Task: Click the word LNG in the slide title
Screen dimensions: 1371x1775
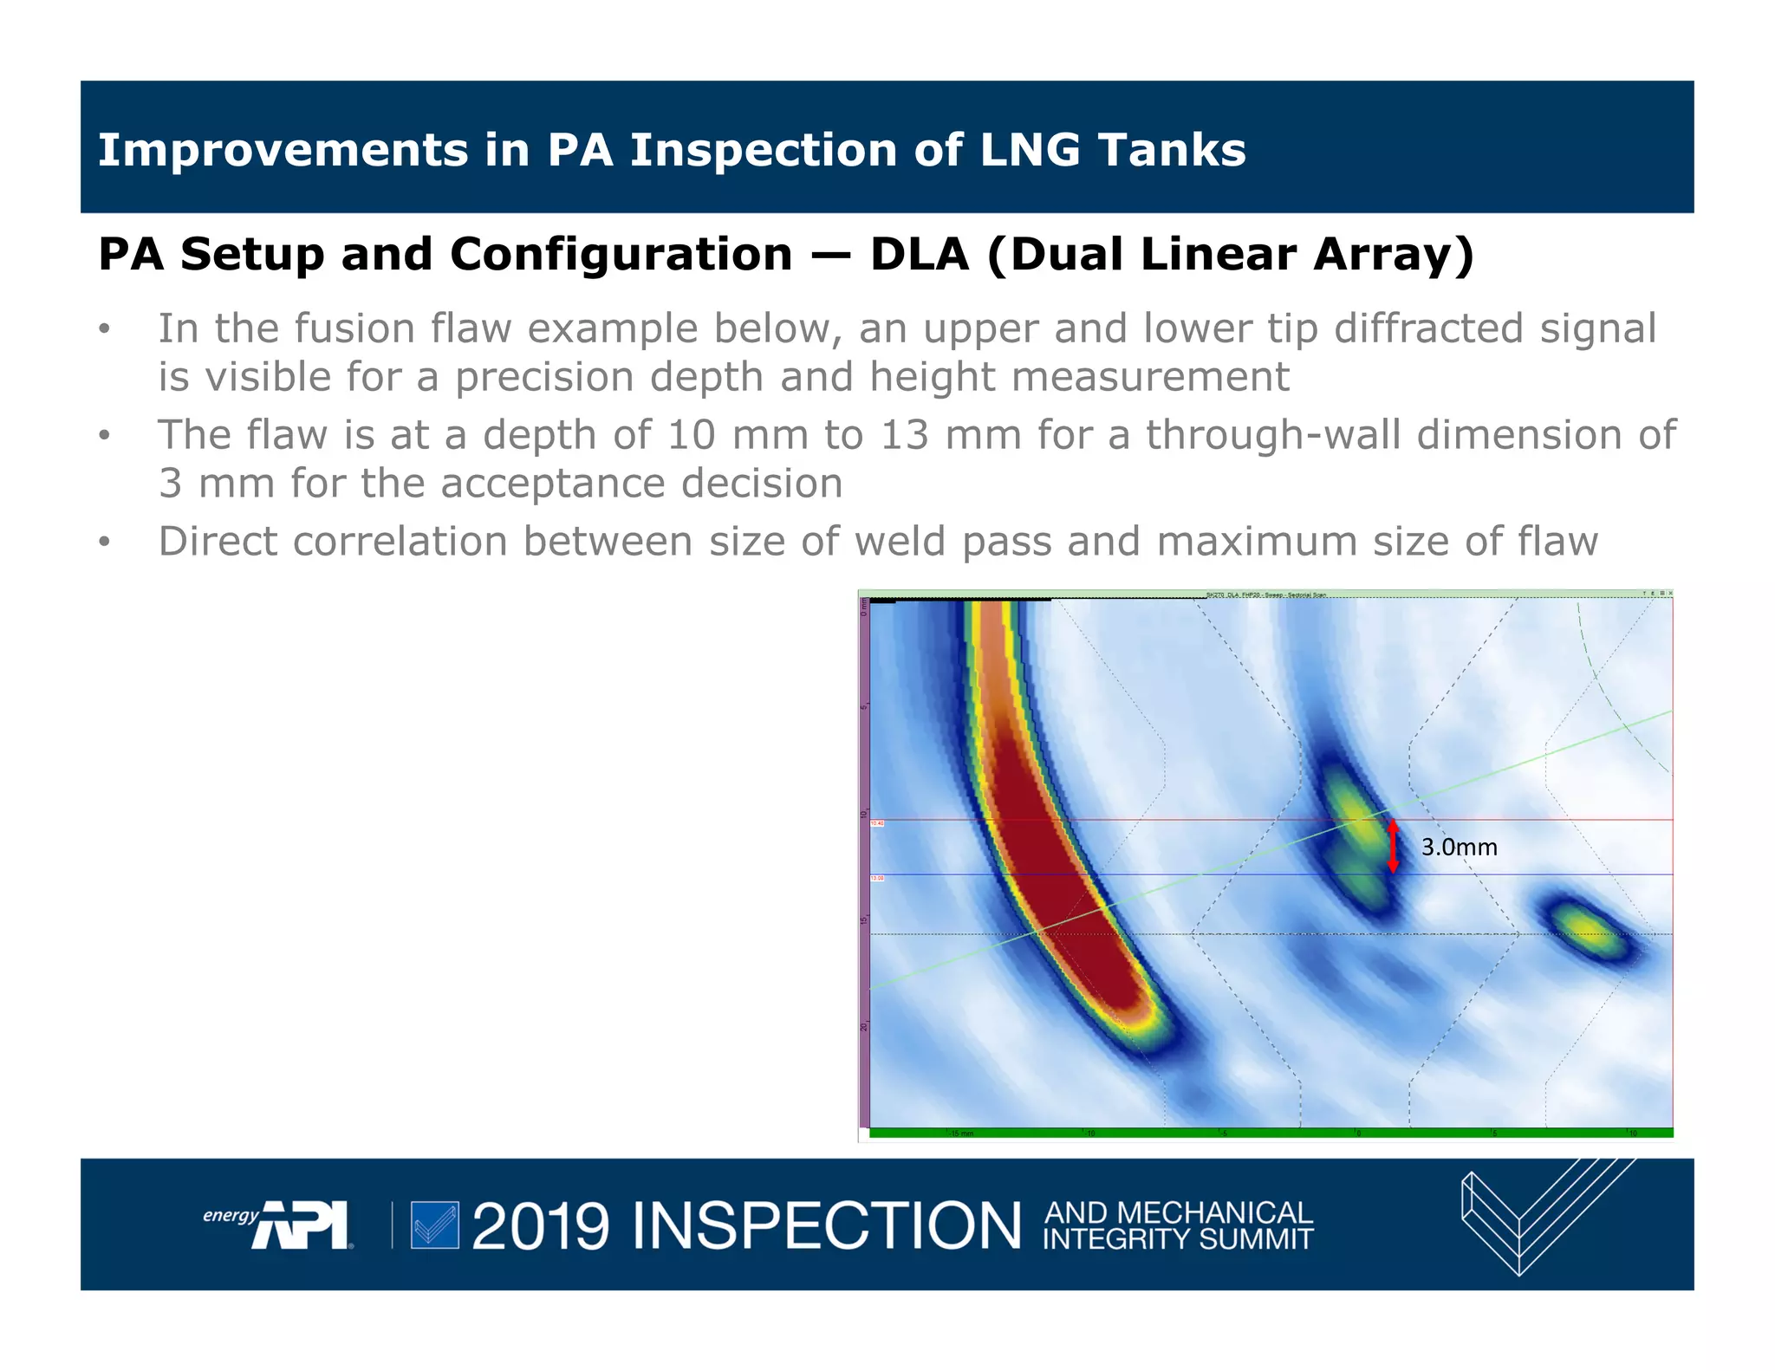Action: point(1030,150)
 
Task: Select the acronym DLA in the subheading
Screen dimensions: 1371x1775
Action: point(919,255)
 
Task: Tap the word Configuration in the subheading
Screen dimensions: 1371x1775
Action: point(621,255)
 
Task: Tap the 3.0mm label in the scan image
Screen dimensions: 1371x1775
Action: point(1459,848)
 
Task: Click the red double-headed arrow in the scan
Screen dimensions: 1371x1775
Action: point(1393,847)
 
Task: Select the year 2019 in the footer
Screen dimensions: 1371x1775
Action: point(540,1226)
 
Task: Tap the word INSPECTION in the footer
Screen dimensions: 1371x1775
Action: point(827,1226)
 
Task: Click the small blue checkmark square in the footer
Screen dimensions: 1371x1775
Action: point(434,1225)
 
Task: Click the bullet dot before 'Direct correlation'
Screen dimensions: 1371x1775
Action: point(105,543)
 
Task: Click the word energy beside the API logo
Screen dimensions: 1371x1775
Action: point(230,1215)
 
